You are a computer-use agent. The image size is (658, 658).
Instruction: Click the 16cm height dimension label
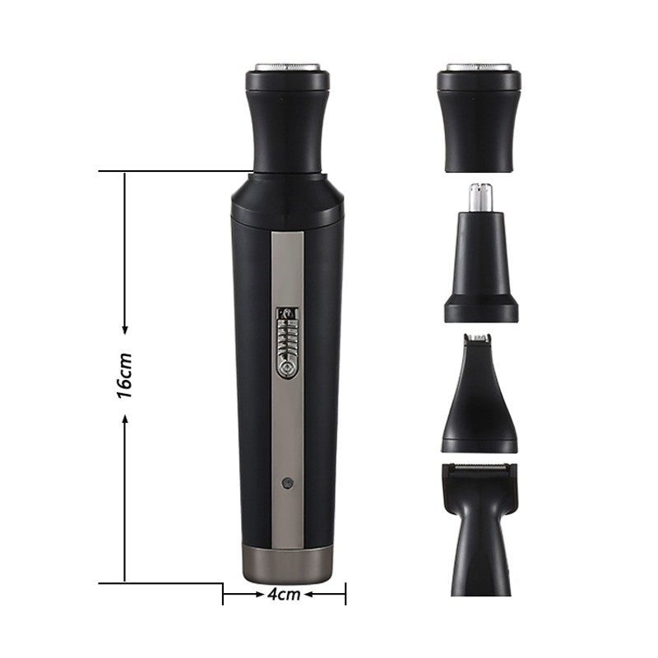[124, 375]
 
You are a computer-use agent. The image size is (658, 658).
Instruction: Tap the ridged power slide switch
[286, 342]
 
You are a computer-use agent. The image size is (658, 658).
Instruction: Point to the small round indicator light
[286, 484]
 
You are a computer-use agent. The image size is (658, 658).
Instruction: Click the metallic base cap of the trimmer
[287, 563]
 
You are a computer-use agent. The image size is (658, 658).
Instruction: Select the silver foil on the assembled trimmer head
[287, 67]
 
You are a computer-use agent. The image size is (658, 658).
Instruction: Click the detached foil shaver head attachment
[479, 119]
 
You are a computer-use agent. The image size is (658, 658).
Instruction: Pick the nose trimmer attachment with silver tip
[481, 263]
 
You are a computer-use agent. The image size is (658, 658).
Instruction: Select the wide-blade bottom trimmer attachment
[480, 526]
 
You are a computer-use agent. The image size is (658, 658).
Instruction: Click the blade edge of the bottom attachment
[480, 469]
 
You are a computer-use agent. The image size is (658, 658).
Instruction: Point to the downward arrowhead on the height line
[125, 329]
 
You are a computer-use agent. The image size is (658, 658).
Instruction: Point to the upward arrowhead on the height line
[125, 419]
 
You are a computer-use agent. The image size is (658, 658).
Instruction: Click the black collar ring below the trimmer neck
[287, 202]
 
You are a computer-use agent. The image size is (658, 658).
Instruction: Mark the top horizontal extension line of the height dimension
[173, 171]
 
